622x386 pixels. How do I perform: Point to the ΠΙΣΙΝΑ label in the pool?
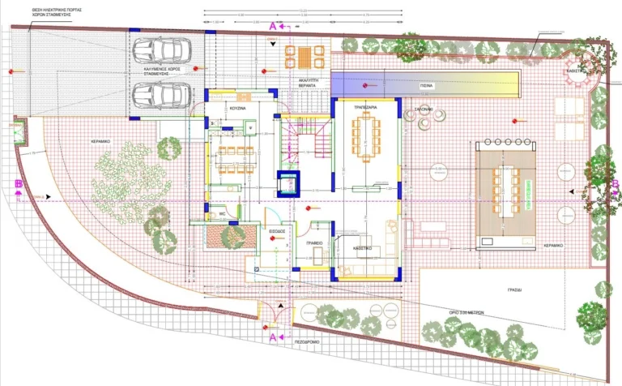point(427,84)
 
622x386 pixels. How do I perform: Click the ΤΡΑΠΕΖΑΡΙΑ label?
point(368,106)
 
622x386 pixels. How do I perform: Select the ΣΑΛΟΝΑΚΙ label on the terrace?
point(426,107)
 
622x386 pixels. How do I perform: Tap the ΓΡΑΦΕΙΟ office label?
point(314,242)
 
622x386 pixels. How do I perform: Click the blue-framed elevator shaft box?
point(288,185)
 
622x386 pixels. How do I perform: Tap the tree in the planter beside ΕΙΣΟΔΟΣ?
point(232,236)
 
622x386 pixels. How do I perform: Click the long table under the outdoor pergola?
point(509,191)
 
